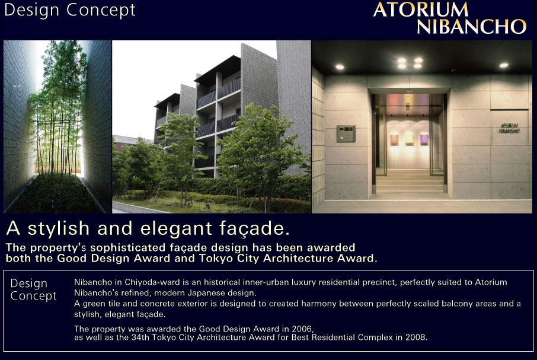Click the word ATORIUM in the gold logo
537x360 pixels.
point(421,9)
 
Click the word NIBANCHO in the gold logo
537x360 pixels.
point(472,26)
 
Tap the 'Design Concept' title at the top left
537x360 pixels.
point(70,10)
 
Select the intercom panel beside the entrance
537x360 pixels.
point(346,133)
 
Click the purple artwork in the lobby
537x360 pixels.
point(424,139)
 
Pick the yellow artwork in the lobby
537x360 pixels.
point(409,139)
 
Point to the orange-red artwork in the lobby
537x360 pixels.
point(394,139)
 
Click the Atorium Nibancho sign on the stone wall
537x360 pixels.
point(509,128)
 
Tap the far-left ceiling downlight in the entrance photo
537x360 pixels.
point(340,67)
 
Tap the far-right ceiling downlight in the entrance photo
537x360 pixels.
point(503,65)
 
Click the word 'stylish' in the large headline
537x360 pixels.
point(59,228)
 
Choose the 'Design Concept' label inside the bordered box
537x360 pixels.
point(34,289)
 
